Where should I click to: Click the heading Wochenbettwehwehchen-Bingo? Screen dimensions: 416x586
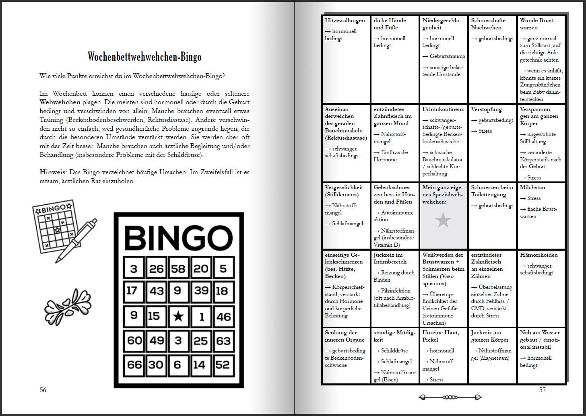(144, 57)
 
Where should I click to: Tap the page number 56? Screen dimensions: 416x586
(43, 390)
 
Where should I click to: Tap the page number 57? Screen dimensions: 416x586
(542, 390)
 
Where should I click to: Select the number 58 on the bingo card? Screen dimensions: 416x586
(178, 268)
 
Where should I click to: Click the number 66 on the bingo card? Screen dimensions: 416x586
(134, 365)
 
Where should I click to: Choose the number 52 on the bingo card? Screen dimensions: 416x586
(223, 365)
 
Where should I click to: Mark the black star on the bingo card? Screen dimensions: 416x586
(178, 317)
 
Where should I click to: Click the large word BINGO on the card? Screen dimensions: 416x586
(178, 237)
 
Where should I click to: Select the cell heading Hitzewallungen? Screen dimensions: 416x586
(345, 21)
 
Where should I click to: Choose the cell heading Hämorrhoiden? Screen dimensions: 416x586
(539, 255)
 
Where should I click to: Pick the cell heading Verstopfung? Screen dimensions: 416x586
(486, 109)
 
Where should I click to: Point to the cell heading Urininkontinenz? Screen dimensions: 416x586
(443, 109)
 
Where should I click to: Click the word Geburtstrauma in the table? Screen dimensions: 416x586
(447, 56)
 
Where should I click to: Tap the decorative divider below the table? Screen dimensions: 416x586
(450, 397)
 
